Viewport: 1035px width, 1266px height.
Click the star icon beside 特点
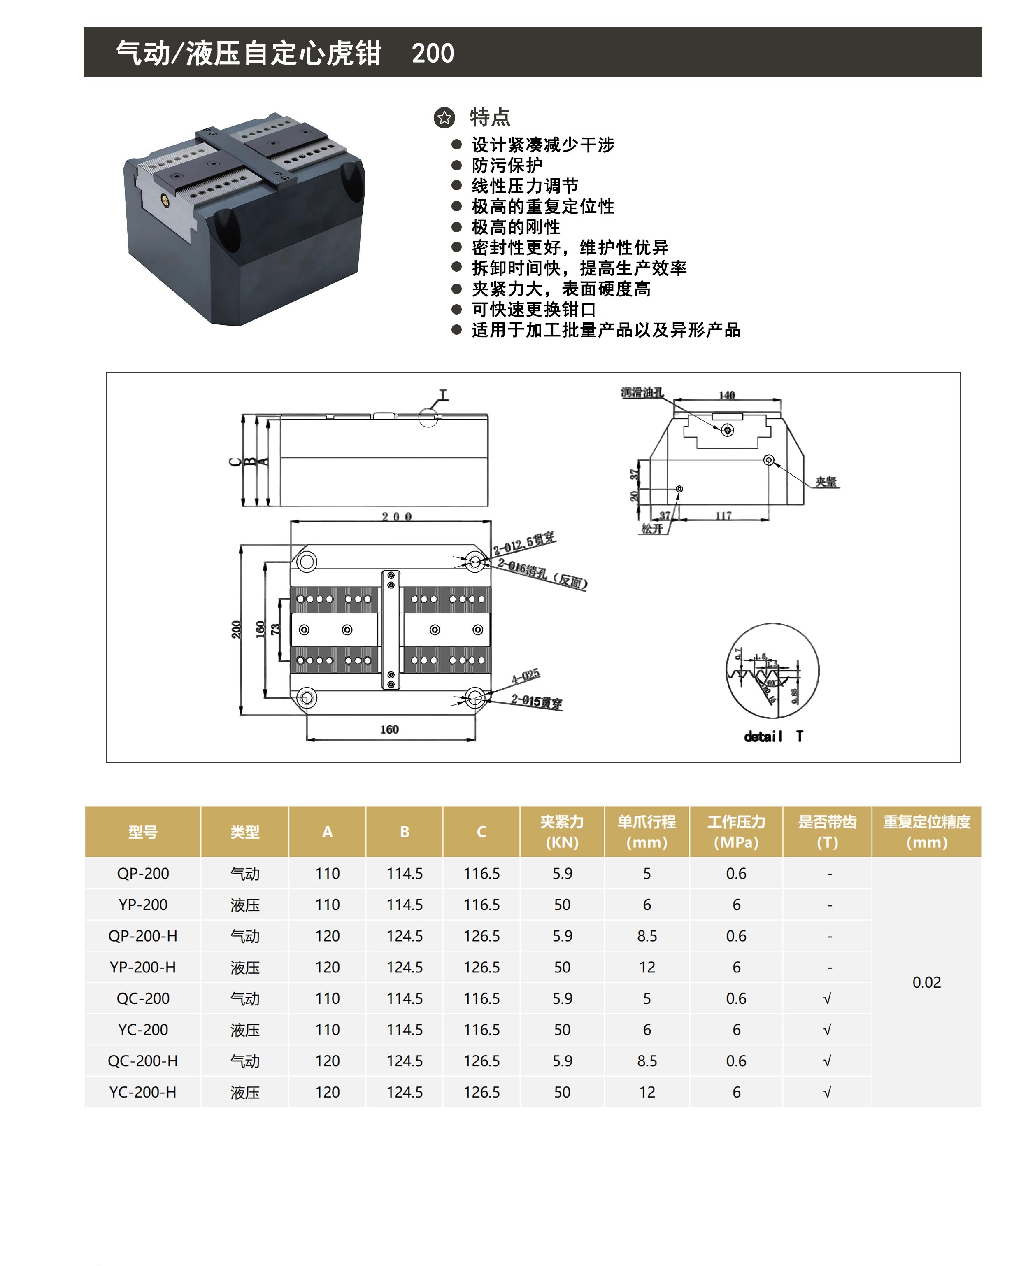(444, 117)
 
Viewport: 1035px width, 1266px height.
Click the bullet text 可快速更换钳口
(534, 310)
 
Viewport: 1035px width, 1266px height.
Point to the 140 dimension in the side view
(727, 395)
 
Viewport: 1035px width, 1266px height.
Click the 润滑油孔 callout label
(642, 392)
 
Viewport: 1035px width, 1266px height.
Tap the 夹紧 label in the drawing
(826, 482)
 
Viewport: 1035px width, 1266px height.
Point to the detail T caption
(773, 737)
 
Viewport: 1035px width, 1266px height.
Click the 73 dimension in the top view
(275, 629)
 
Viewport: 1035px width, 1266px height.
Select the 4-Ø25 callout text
(526, 676)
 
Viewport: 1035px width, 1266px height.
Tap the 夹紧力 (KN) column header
(562, 832)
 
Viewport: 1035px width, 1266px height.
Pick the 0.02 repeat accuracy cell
(926, 983)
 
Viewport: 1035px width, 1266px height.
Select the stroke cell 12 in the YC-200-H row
(647, 1093)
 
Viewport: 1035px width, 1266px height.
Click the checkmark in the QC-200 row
(827, 999)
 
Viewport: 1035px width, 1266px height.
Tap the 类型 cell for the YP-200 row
(244, 905)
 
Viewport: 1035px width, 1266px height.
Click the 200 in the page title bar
(433, 53)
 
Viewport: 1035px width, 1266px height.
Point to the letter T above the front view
(443, 395)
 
